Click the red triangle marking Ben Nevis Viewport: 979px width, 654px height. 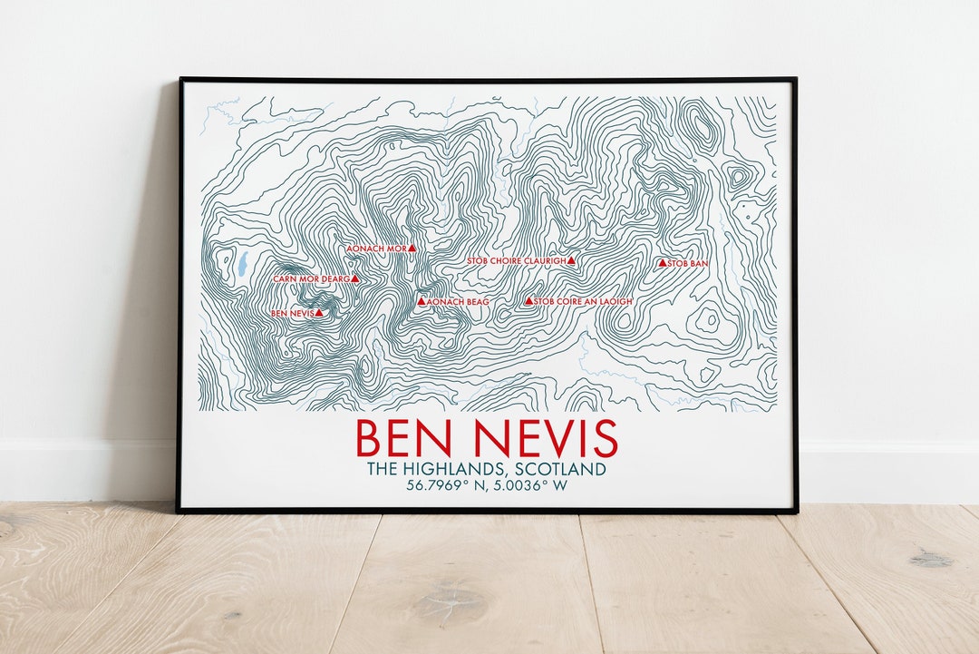319,313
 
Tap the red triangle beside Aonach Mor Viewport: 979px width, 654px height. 412,247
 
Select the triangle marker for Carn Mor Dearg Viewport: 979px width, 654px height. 355,279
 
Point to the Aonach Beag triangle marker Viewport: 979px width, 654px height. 422,301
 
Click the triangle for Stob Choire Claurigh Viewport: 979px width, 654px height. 572,260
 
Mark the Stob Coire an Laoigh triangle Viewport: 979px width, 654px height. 529,301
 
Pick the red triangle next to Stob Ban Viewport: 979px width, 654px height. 662,263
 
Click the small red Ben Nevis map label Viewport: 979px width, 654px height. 292,314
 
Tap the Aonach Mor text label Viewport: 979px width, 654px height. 376,248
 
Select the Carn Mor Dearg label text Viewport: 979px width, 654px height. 311,279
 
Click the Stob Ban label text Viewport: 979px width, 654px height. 688,264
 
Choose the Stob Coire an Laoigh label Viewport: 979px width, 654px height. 583,301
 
